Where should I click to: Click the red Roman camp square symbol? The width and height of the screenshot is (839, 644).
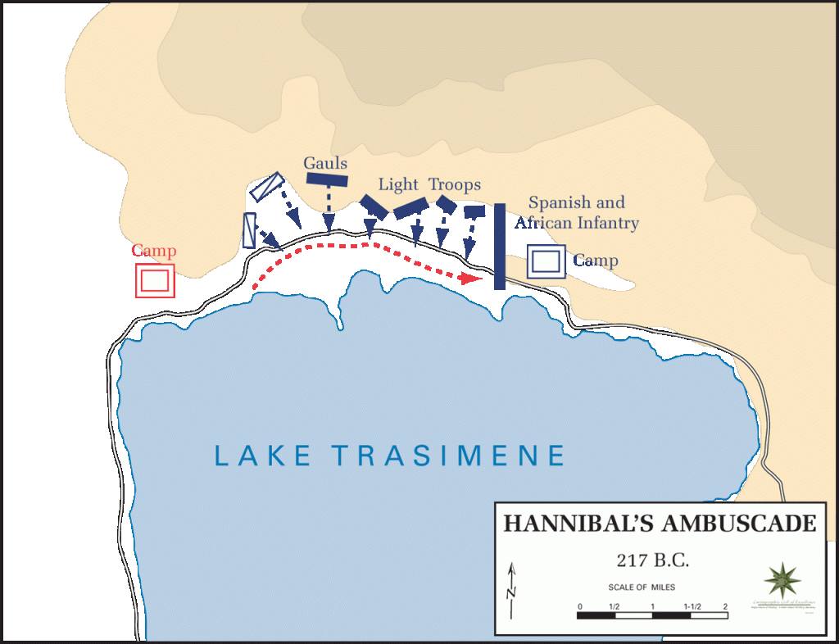click(x=155, y=280)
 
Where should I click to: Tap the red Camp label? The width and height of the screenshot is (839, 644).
click(x=154, y=252)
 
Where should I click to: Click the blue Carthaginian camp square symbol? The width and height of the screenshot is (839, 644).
click(x=546, y=261)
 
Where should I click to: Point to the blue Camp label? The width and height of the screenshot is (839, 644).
click(x=596, y=261)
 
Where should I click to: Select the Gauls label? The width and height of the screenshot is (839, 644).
click(x=325, y=162)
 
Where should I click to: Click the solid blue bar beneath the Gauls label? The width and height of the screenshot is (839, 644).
click(x=328, y=179)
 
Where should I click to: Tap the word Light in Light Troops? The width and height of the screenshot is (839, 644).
click(x=398, y=184)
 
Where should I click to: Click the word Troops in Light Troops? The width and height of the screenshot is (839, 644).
click(x=455, y=184)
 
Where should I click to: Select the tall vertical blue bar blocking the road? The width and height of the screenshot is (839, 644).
click(x=499, y=246)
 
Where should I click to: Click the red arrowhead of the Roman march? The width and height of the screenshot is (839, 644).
click(x=471, y=279)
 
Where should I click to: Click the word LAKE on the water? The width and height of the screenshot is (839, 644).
click(x=263, y=456)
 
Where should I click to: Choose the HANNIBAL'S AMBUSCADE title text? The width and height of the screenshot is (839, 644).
click(x=660, y=524)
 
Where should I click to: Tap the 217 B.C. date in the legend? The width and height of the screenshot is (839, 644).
click(x=653, y=562)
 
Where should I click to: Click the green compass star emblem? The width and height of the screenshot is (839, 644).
click(x=782, y=580)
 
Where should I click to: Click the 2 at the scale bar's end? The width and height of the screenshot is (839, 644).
click(x=725, y=607)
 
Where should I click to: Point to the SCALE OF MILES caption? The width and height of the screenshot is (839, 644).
click(x=642, y=587)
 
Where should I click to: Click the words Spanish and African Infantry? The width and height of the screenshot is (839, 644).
click(x=577, y=212)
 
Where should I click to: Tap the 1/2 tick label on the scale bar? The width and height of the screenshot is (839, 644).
click(x=614, y=607)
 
